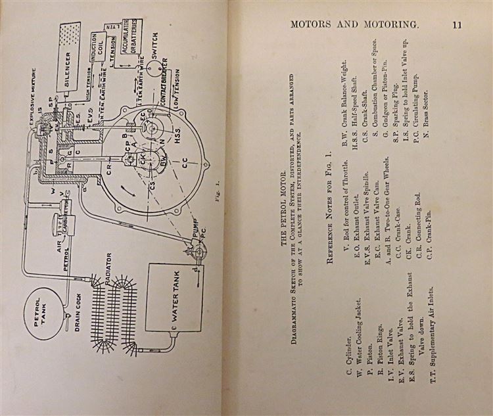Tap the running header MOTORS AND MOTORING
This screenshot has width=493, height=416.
click(354, 24)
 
